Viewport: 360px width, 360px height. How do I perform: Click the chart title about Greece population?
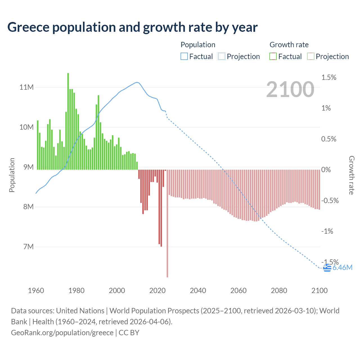[132, 27]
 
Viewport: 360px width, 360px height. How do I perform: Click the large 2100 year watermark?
[290, 89]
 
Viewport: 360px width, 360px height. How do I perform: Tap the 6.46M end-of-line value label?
[342, 267]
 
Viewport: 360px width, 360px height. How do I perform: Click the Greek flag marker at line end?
[327, 268]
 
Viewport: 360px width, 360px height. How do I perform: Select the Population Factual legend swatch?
[184, 57]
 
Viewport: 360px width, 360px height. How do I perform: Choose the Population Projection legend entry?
[239, 57]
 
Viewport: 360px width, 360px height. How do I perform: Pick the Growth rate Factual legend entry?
[286, 57]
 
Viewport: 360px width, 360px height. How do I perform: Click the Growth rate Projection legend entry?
[328, 57]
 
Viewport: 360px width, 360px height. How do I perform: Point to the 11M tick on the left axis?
[26, 87]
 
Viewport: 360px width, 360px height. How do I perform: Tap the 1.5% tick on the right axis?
[328, 78]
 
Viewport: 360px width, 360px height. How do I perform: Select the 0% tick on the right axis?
[326, 170]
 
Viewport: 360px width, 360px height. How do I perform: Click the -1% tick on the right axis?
[327, 231]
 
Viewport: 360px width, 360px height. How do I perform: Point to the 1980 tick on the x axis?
[76, 291]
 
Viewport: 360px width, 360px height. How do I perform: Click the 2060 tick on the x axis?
[238, 291]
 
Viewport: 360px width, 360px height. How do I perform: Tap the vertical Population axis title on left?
[12, 175]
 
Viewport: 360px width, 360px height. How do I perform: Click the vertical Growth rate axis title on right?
[352, 175]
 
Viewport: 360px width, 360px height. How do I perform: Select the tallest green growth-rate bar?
[68, 121]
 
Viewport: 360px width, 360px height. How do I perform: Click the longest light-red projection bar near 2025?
[167, 224]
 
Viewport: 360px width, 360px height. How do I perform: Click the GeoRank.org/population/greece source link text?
[62, 332]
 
